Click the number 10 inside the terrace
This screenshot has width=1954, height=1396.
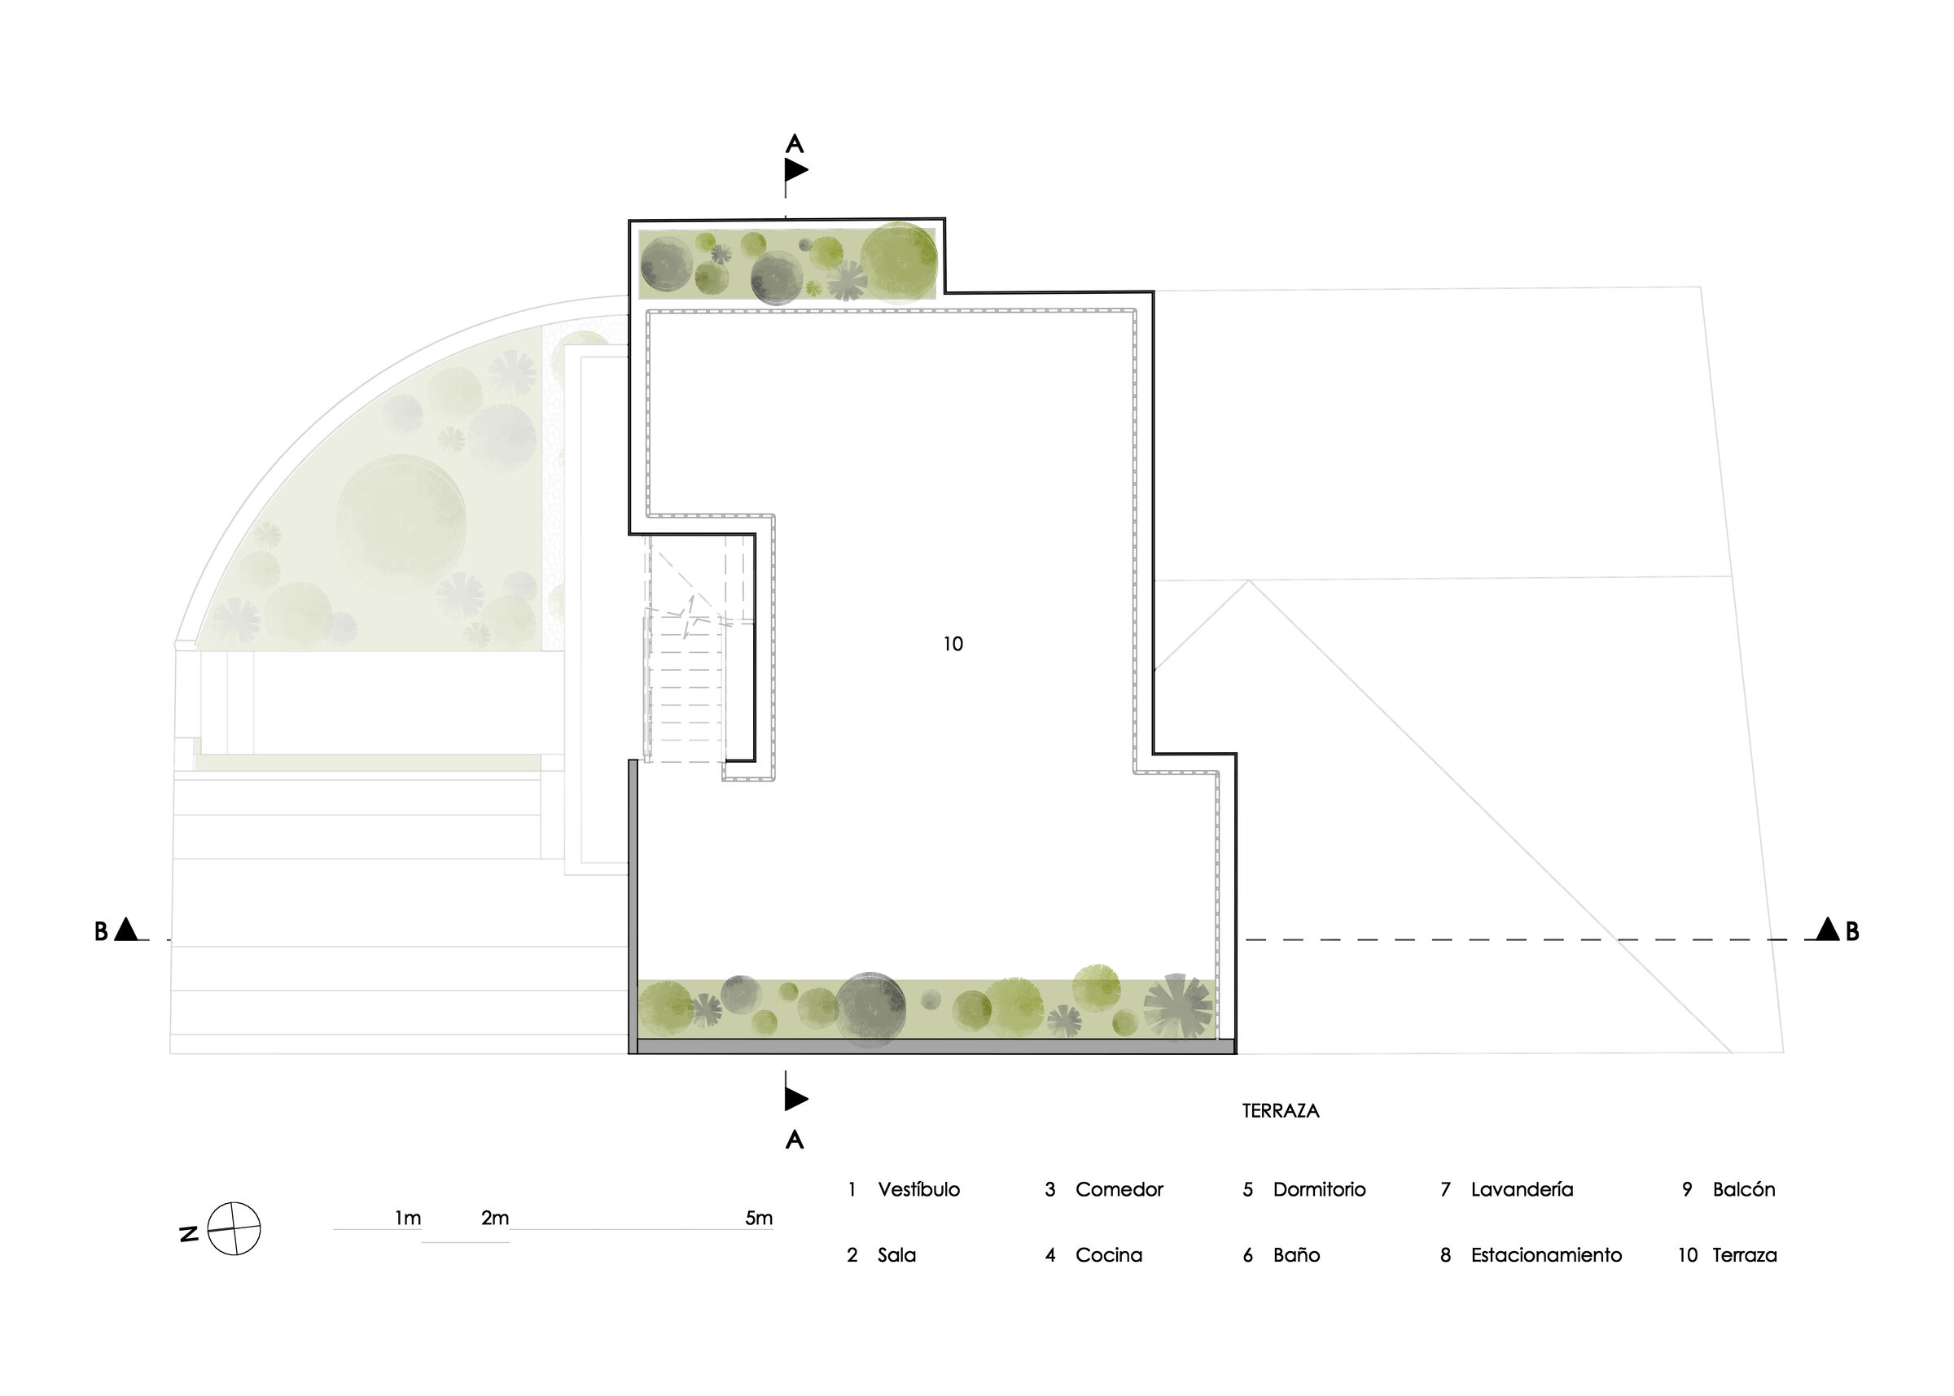(x=953, y=644)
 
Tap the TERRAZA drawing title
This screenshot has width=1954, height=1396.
(x=1280, y=1110)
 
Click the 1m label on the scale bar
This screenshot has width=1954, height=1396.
(x=407, y=1218)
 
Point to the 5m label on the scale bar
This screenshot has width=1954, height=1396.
(x=758, y=1218)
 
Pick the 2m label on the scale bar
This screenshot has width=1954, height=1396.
(x=495, y=1218)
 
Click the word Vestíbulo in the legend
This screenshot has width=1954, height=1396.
(x=918, y=1190)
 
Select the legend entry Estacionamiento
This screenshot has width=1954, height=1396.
(x=1545, y=1255)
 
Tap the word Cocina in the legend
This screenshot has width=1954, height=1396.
(x=1108, y=1255)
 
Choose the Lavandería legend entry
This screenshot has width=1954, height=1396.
(x=1522, y=1190)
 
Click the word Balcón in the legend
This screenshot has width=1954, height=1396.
(x=1743, y=1190)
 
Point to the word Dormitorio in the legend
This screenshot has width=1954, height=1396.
(x=1319, y=1190)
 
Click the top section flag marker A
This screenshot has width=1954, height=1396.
(x=795, y=169)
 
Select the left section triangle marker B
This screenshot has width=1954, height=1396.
(x=126, y=930)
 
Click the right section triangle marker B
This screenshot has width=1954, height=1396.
(x=1827, y=930)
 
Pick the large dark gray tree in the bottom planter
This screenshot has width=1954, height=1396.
(x=870, y=1008)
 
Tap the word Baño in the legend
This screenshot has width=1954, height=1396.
(x=1296, y=1255)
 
